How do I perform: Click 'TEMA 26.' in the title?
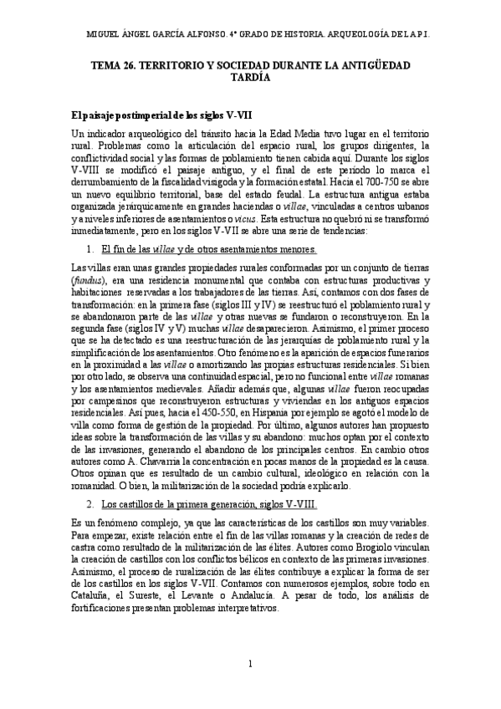116,64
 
